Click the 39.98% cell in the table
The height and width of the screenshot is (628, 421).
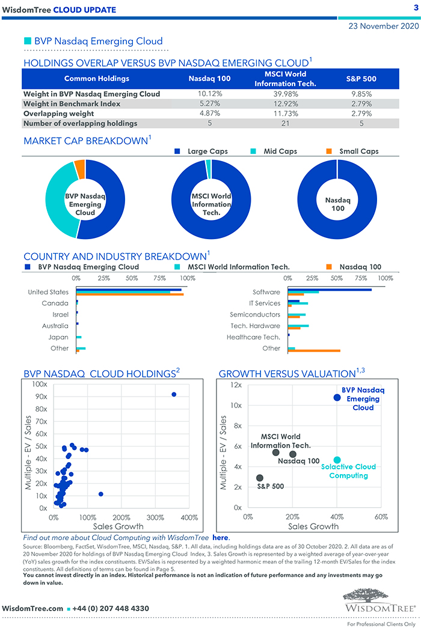point(284,94)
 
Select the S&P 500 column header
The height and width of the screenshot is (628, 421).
point(361,79)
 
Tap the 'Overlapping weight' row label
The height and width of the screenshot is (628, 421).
point(58,113)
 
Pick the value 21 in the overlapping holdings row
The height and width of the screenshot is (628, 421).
point(284,123)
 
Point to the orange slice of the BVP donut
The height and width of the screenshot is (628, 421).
point(79,169)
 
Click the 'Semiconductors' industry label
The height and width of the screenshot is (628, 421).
point(255,314)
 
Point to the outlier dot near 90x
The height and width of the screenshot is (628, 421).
point(174,394)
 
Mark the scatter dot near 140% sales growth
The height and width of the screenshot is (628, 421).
point(100,494)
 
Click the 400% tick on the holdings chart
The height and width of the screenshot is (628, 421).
point(189,517)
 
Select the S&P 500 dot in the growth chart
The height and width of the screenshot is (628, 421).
point(259,478)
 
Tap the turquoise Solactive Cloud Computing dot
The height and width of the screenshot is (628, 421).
point(337,460)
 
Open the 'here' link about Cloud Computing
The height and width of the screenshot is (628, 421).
point(221,537)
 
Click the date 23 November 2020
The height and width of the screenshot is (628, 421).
point(383,26)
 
